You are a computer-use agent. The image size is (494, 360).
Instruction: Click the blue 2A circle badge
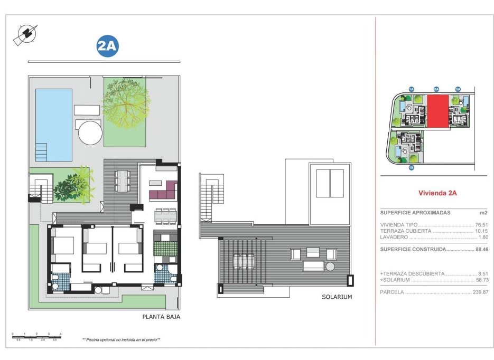click(x=107, y=46)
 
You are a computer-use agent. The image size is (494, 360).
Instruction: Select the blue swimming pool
click(x=53, y=125)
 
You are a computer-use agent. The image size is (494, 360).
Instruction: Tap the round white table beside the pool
click(x=90, y=132)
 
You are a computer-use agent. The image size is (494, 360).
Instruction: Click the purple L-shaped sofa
click(x=164, y=189)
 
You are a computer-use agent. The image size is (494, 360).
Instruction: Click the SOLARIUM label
click(x=337, y=297)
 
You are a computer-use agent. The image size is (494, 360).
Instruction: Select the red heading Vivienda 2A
click(x=437, y=193)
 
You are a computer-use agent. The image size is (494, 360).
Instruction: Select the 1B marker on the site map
click(x=411, y=168)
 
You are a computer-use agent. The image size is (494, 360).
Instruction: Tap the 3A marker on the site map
click(x=458, y=89)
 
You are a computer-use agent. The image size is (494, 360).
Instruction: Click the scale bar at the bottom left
click(x=36, y=336)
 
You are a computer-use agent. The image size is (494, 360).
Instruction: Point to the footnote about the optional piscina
click(x=121, y=340)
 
